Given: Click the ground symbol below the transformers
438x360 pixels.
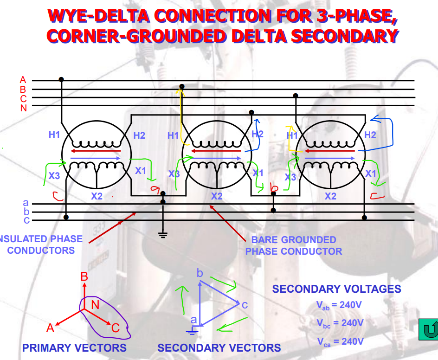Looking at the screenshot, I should pos(163,234).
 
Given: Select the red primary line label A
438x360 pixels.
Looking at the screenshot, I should pos(23,80).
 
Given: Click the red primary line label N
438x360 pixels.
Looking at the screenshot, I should pos(23,108).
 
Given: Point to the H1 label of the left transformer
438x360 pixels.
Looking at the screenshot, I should pos(54,135).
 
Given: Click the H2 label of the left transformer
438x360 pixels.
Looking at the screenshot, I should pos(139,135).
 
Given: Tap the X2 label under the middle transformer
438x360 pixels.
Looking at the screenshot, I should pos(217,196).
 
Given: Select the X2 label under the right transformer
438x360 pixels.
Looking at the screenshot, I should pos(330,196).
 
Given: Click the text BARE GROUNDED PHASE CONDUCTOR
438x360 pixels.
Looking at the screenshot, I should pos(294,245).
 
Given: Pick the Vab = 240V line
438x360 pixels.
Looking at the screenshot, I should pos(340,305).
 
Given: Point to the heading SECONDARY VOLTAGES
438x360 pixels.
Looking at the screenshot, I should pos(336,289).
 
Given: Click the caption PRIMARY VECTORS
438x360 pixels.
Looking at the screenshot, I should pos(74,348).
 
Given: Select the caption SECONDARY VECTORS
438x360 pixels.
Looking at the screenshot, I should pos(219,348).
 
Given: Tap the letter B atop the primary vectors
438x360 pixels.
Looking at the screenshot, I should pos(84,277).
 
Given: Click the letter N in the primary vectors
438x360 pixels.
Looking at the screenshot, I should pos(95,305).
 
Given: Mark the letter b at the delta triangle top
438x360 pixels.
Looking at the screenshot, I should pos(200,273).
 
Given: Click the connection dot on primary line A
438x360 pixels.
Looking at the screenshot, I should pos(61,80).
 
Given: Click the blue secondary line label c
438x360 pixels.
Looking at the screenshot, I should pos(26,220).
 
